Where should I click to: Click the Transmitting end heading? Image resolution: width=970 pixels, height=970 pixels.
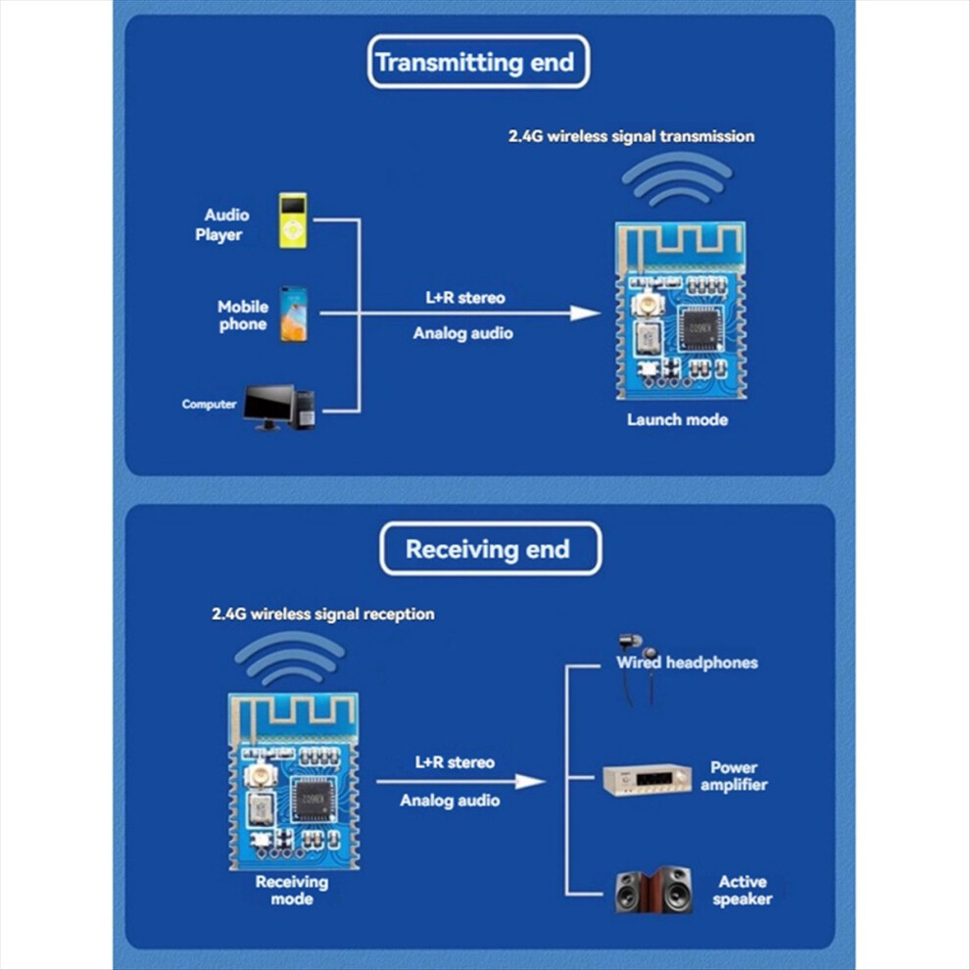point(475,63)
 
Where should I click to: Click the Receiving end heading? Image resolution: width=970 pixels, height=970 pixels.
point(488,550)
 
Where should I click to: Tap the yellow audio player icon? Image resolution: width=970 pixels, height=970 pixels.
point(293,220)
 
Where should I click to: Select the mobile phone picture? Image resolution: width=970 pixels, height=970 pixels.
point(293,315)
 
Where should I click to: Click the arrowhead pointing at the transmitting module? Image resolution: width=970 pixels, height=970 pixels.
point(585,313)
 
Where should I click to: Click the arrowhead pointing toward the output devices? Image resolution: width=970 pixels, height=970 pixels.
point(530,781)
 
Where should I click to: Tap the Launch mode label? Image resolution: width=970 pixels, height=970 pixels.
point(677,419)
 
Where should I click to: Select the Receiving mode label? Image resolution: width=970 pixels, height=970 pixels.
point(292,891)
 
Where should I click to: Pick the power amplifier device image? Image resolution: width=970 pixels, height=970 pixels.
point(647,780)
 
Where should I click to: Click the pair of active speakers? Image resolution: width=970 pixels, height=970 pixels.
point(654,891)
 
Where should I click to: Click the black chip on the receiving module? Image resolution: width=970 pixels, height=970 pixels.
point(314,800)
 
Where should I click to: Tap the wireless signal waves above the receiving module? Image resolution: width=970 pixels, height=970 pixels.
point(290,657)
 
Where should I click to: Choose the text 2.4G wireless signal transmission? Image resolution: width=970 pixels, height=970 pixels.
point(632,136)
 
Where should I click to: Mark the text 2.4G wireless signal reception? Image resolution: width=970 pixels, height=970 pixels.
point(323,613)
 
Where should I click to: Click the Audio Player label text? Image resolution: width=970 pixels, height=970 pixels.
point(222,224)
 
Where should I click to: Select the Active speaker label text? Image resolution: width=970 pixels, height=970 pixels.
point(743,891)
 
